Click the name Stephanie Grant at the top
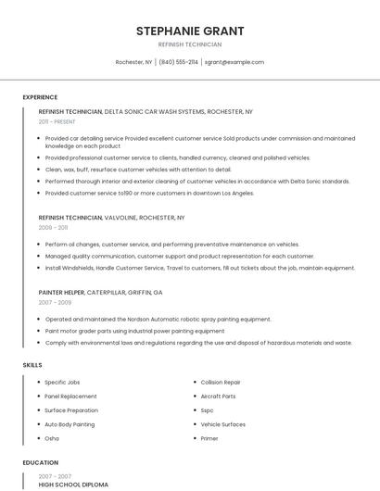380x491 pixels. (x=190, y=31)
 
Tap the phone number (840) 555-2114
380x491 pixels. (x=178, y=62)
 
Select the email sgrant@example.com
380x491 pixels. (x=234, y=62)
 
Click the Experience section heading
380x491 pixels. (x=40, y=97)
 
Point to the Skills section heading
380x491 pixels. (x=32, y=365)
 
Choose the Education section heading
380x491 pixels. (x=40, y=462)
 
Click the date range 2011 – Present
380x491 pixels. (x=57, y=121)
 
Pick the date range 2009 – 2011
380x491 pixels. (x=53, y=227)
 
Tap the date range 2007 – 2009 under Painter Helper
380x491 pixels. (x=55, y=302)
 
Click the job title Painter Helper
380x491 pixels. (x=61, y=292)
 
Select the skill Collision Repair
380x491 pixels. (x=221, y=382)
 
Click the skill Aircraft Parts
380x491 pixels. (x=218, y=396)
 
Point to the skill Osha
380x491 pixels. (x=52, y=438)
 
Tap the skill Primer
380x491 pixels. (x=209, y=438)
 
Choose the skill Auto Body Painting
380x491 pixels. (x=70, y=424)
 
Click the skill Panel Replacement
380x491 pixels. (x=70, y=396)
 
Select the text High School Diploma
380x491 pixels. (x=73, y=485)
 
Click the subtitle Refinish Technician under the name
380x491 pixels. (x=190, y=44)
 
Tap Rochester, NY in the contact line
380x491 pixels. (x=133, y=62)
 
